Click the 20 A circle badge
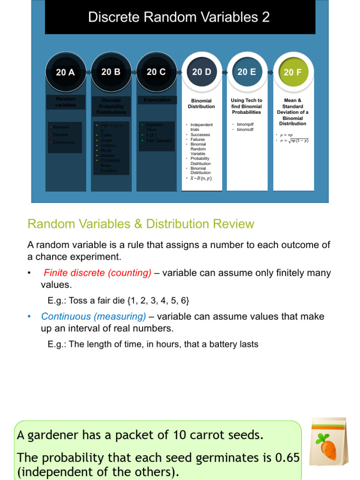(66, 72)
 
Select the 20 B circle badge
(111, 72)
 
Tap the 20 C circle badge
(156, 72)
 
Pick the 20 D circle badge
(202, 72)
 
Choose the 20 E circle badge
(247, 72)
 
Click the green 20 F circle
(292, 72)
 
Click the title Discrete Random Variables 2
(180, 17)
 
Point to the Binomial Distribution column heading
(202, 104)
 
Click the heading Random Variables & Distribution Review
(141, 224)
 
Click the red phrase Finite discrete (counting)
(97, 273)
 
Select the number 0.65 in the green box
(286, 457)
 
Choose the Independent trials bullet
(202, 127)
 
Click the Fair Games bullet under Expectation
(159, 141)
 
